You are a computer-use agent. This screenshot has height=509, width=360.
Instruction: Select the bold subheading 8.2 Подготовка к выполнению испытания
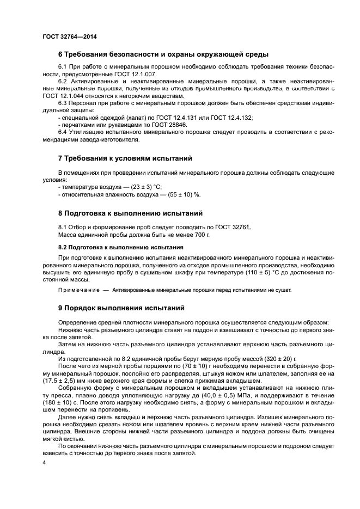[x=120, y=246]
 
